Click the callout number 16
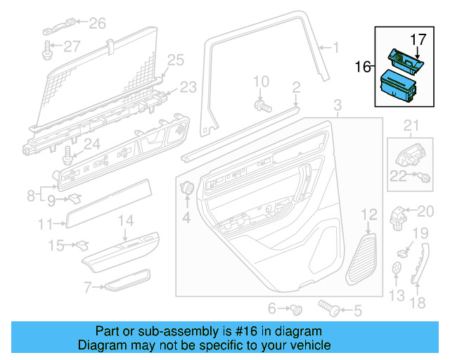coord(363,67)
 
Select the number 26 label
coord(97,23)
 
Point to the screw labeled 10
coord(262,105)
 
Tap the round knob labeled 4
coord(188,188)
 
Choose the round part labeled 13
coord(397,269)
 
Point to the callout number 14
coord(124,220)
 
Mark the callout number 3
coord(337,105)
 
